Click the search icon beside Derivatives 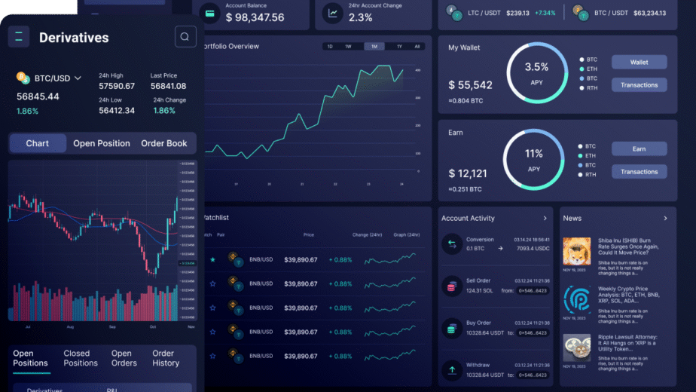(x=185, y=37)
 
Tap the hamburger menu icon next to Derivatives (x=19, y=36)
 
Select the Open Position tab (x=102, y=143)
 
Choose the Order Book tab (x=164, y=143)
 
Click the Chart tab (x=38, y=143)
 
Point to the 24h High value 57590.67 (x=117, y=86)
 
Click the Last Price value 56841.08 (x=168, y=86)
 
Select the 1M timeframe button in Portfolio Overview (x=374, y=47)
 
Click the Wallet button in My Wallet (x=639, y=63)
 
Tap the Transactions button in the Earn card (x=639, y=172)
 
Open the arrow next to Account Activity (x=545, y=219)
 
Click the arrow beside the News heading (x=665, y=219)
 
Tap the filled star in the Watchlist (x=212, y=260)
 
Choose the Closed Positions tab (x=81, y=358)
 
